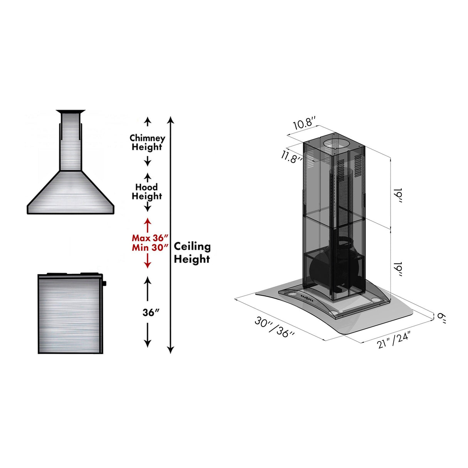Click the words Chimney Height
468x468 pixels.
point(147,142)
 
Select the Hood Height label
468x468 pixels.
point(147,192)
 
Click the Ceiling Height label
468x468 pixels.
point(192,253)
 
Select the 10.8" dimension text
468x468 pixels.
point(305,124)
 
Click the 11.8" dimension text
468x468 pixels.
point(291,157)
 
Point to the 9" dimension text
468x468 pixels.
point(441,318)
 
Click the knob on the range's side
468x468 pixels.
point(104,284)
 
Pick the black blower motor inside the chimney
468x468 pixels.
point(332,270)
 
